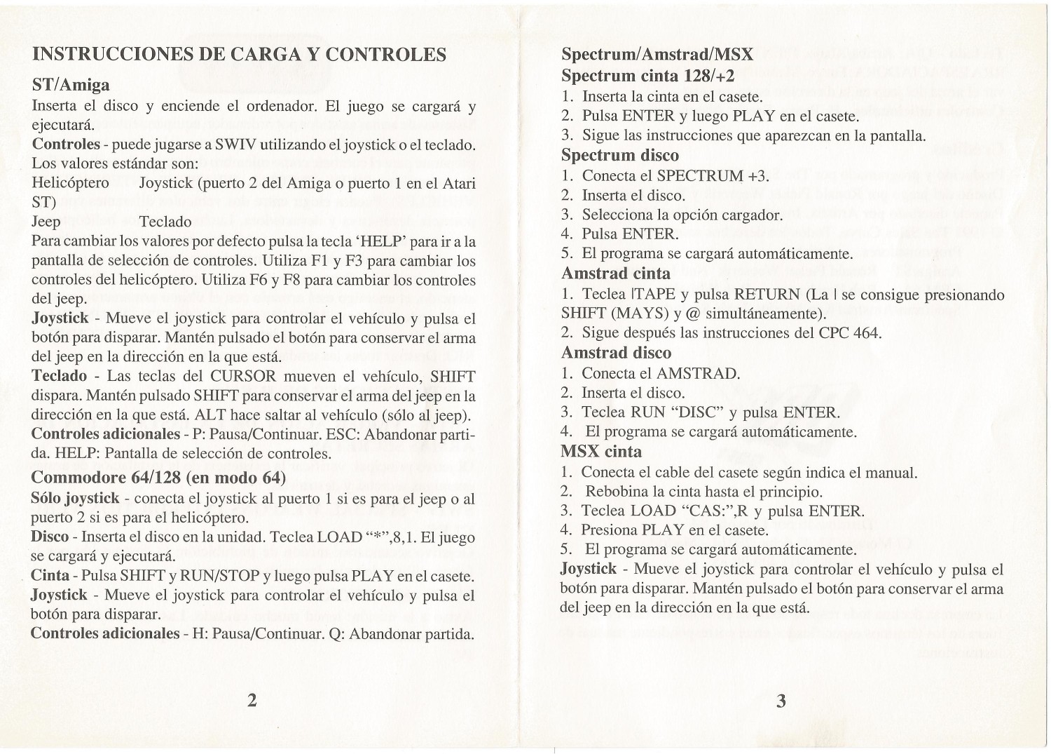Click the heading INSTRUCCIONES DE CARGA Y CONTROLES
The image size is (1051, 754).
click(240, 55)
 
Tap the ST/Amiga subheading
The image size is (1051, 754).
click(71, 86)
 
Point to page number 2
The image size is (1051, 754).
click(252, 700)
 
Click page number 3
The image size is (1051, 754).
click(782, 700)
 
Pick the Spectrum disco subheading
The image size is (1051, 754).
click(620, 154)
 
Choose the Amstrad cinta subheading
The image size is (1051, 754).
click(616, 273)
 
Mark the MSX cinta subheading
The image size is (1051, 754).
click(602, 450)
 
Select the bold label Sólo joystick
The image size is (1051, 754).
click(75, 499)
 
